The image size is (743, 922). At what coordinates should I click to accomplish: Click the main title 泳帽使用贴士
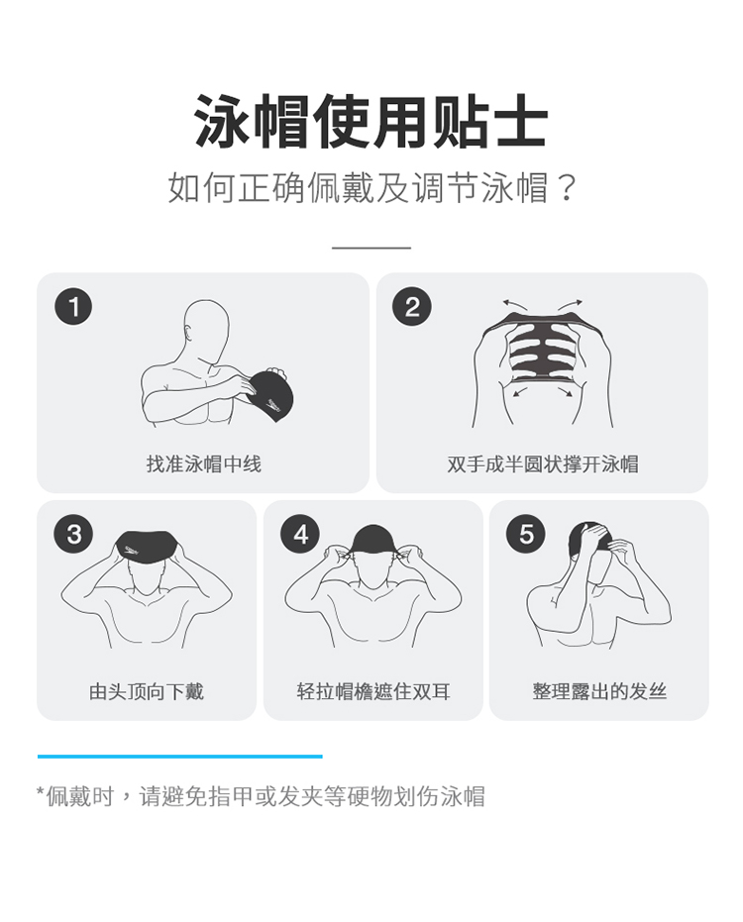pos(371,122)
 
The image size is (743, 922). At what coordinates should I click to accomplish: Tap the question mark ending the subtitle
pos(566,187)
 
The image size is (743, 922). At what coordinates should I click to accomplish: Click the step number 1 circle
pos(73,306)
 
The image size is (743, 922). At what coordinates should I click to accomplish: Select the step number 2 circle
pos(412,306)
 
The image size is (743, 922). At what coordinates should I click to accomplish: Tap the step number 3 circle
pos(73,534)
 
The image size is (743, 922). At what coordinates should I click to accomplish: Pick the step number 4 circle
pos(300,534)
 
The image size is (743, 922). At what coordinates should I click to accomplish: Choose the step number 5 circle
pos(526,534)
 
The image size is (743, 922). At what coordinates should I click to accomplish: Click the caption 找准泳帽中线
pos(203,463)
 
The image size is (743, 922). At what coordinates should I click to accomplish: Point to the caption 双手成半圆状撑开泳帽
pos(543,463)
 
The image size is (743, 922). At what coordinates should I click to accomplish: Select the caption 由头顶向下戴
pos(147,691)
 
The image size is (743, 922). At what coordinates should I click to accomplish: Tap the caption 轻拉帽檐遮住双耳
pos(373,691)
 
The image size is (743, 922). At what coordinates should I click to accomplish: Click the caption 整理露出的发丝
pos(599,691)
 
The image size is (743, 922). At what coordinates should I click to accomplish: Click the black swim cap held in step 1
pos(270,392)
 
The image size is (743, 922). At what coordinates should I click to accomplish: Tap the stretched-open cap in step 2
pos(541,347)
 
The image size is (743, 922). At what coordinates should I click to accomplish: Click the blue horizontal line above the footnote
pos(180,757)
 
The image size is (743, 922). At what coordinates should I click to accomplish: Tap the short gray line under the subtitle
pos(371,248)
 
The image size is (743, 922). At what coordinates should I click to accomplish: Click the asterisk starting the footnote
pos(40,791)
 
